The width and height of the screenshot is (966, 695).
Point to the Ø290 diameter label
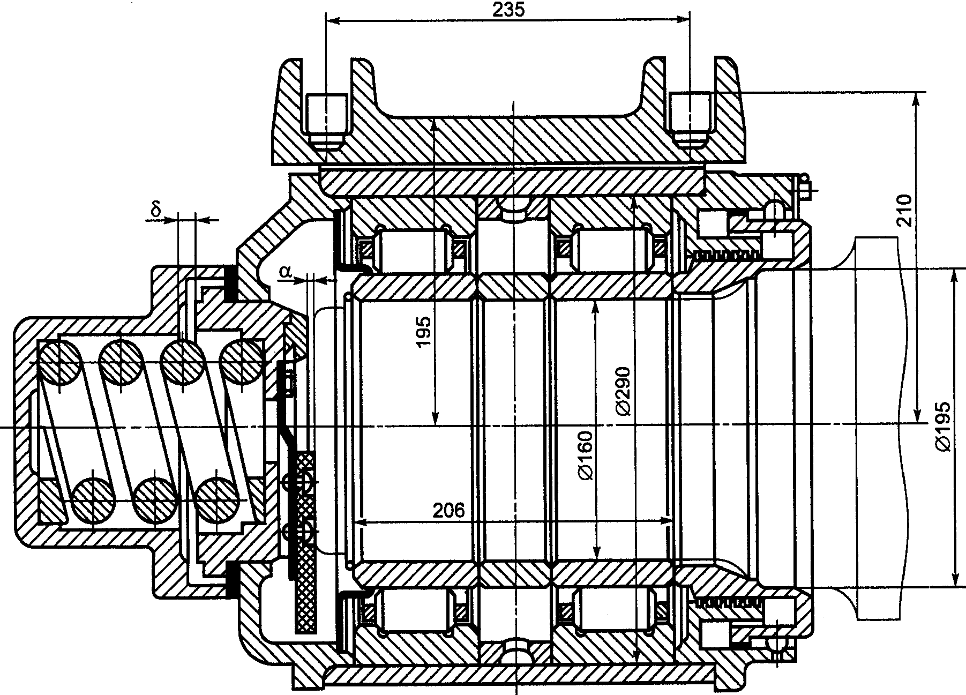coord(623,391)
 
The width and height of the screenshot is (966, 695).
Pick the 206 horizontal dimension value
coord(448,511)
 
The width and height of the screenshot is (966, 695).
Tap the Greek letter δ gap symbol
coord(156,210)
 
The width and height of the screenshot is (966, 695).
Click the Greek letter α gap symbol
coord(286,272)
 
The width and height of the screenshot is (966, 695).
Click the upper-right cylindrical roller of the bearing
coord(611,248)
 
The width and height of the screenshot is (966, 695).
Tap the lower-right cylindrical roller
coord(611,610)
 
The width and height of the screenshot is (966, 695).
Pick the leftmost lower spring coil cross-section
coord(93,500)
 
